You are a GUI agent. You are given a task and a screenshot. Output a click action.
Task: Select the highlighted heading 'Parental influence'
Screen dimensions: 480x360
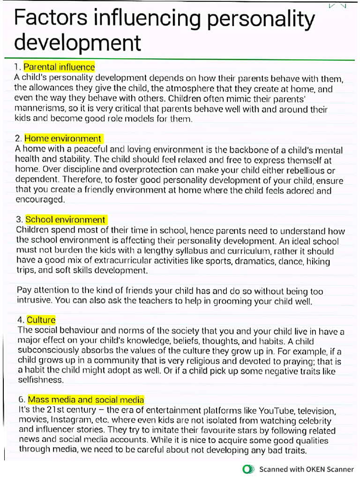(59, 67)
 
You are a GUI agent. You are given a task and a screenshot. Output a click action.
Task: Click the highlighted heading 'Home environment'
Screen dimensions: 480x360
(63, 139)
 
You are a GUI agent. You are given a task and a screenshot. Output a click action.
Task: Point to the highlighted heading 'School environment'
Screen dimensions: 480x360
(66, 220)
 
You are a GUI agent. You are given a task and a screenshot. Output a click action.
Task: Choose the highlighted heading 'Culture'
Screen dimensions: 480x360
(41, 320)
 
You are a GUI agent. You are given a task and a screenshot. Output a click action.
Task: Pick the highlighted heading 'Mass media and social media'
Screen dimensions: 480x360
(86, 400)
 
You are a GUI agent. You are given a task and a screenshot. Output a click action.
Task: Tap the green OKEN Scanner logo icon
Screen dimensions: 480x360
(248, 469)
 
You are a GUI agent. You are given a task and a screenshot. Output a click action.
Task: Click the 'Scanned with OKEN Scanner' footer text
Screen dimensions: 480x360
(307, 469)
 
